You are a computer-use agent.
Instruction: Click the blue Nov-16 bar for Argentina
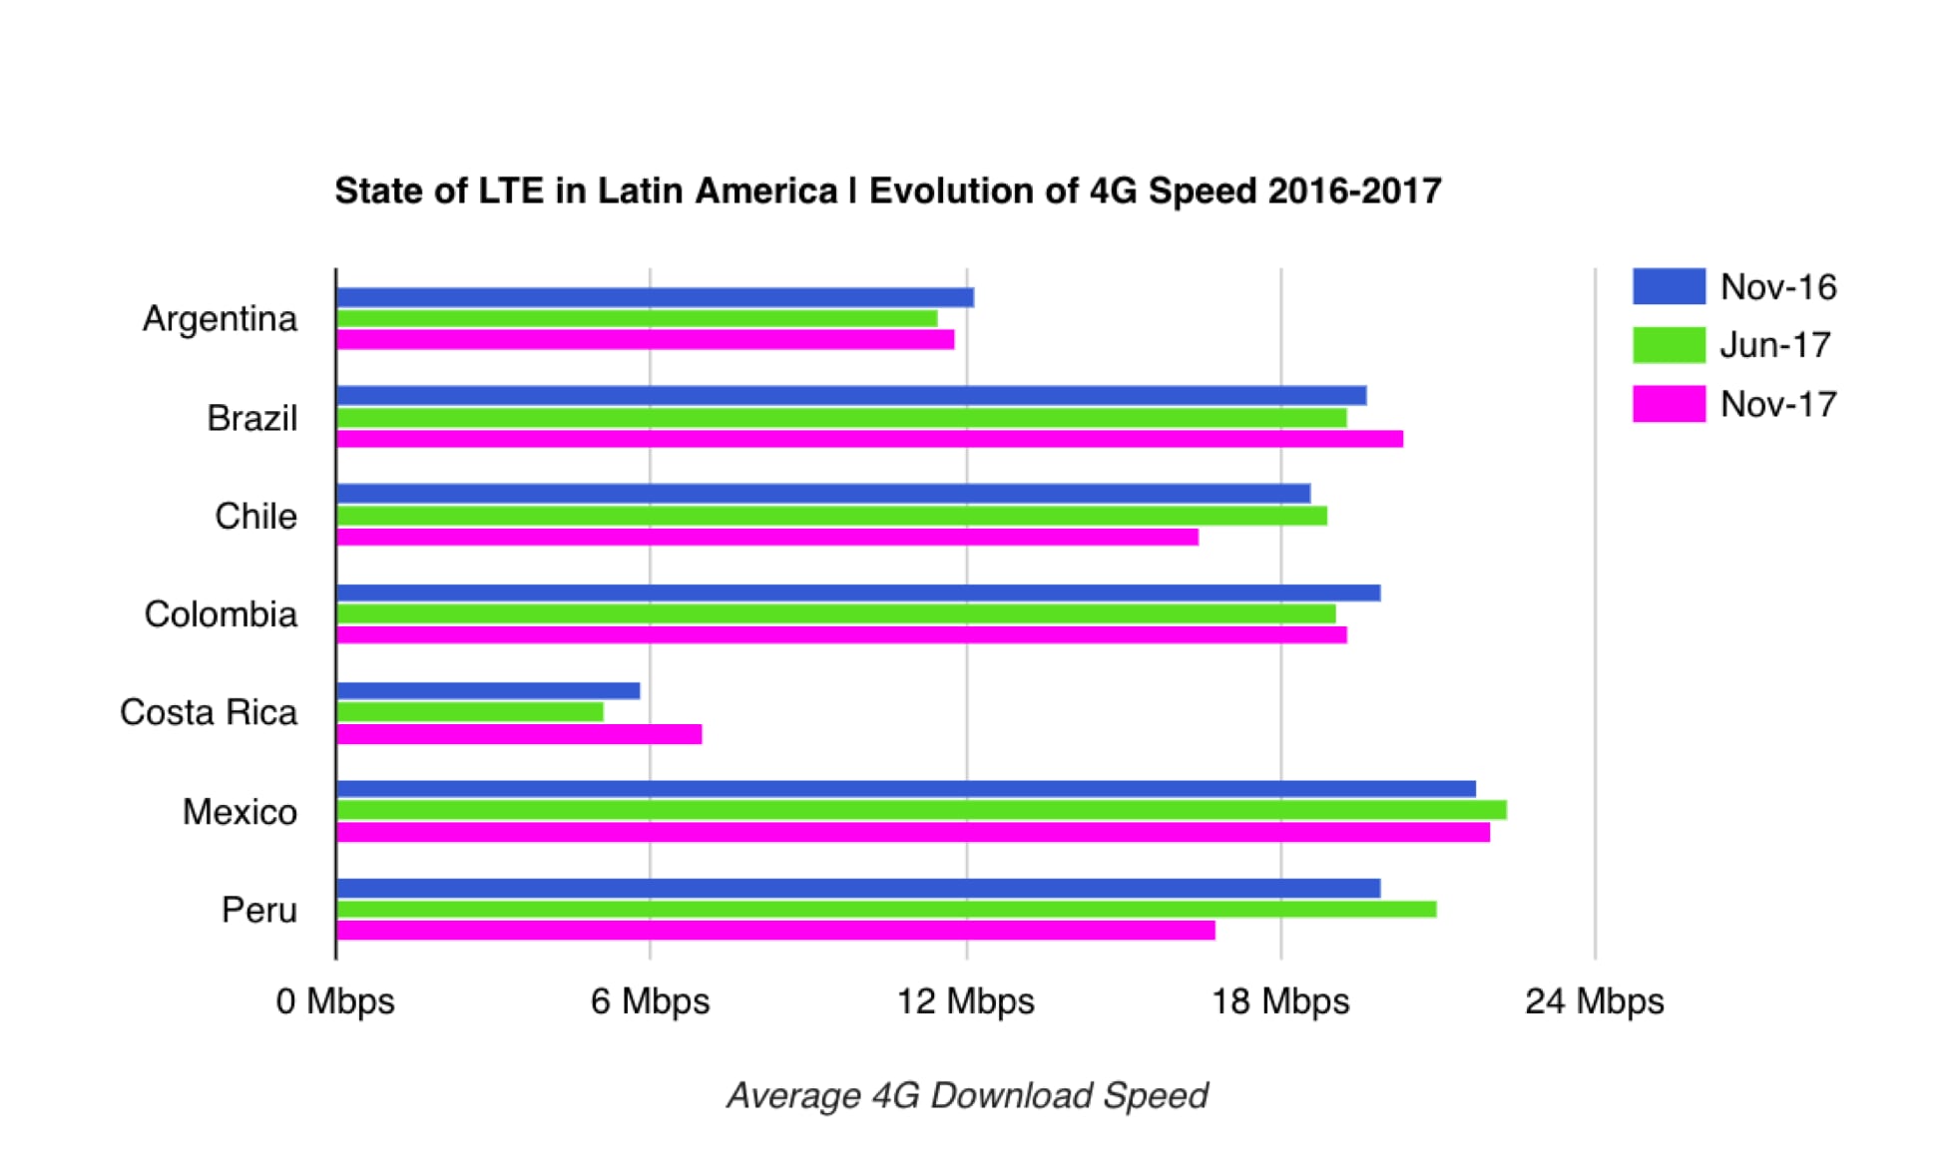tap(655, 297)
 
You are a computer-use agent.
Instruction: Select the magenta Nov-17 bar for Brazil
tap(869, 439)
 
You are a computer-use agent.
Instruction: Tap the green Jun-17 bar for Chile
tap(831, 516)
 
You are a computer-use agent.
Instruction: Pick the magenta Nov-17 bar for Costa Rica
tap(519, 734)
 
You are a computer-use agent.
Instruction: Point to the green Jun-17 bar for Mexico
tap(921, 810)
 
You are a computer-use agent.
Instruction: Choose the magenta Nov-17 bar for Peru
tap(775, 931)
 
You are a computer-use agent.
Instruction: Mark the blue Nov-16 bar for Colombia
tap(858, 592)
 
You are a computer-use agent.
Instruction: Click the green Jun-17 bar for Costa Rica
tap(470, 712)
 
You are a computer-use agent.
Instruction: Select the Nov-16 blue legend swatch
tap(1669, 286)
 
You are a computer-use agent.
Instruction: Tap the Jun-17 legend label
tap(1775, 345)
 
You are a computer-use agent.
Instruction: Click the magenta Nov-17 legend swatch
tap(1669, 404)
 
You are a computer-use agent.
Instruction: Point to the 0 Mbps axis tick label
tap(335, 1000)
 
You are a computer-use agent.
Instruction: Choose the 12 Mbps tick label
tap(965, 1000)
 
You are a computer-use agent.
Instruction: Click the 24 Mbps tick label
tap(1594, 1000)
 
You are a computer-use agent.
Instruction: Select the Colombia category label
tap(221, 614)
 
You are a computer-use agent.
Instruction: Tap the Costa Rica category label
tap(209, 712)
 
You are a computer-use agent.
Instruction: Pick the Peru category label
tap(259, 910)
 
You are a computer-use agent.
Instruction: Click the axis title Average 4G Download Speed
tap(967, 1095)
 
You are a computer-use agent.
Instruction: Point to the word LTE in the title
tap(512, 191)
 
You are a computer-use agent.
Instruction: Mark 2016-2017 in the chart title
tap(1354, 191)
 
